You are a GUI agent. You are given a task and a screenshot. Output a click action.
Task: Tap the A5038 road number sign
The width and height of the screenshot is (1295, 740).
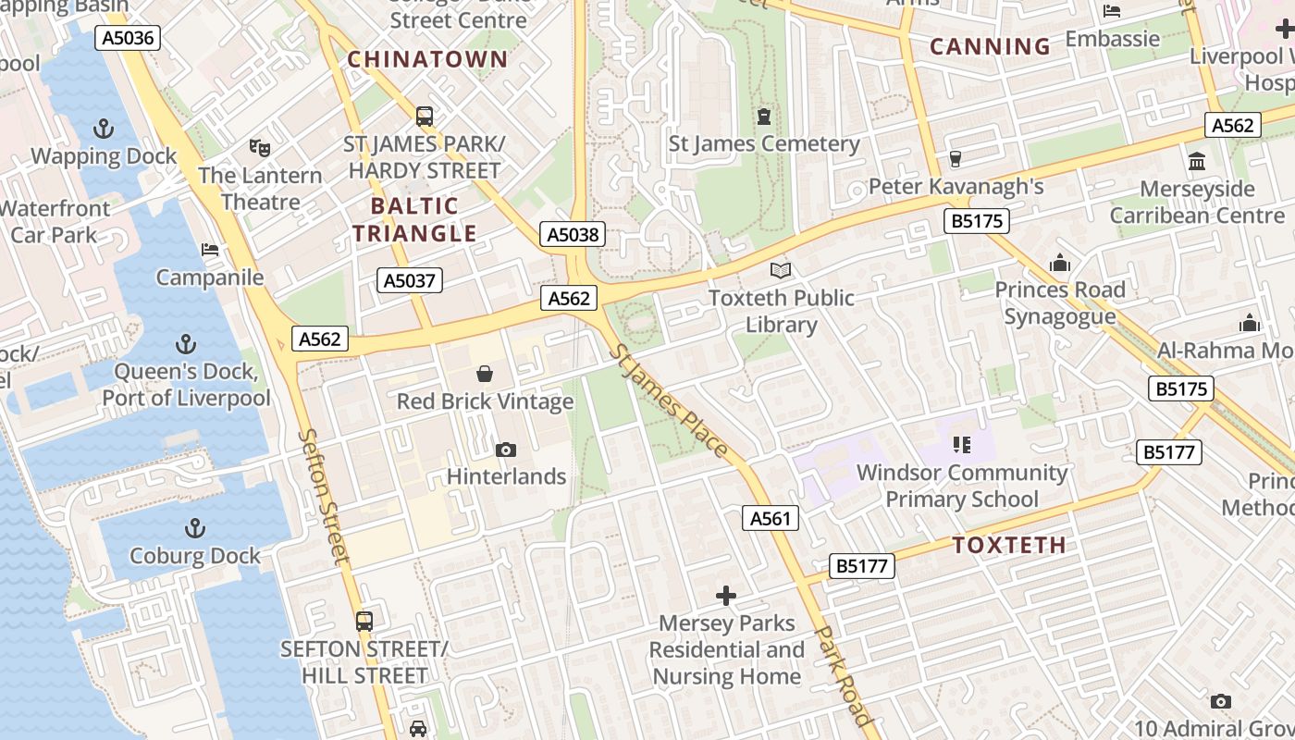573,235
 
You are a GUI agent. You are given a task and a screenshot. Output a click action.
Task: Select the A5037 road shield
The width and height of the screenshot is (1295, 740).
410,280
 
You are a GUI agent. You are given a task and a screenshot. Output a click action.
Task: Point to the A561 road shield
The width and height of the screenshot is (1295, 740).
770,518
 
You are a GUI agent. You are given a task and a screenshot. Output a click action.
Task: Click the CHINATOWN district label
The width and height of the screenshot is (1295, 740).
427,60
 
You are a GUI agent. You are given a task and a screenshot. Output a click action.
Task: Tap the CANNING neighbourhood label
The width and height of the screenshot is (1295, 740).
990,46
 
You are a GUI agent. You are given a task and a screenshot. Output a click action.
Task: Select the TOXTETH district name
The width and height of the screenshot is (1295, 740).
1009,545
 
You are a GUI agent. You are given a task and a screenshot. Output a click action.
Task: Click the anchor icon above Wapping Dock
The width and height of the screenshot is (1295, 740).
104,129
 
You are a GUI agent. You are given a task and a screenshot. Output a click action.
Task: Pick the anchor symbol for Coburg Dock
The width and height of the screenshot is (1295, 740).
194,528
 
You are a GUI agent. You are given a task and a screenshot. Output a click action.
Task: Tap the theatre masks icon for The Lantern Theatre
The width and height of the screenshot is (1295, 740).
260,147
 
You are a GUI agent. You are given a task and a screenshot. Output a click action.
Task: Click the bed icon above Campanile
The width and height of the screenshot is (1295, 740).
210,250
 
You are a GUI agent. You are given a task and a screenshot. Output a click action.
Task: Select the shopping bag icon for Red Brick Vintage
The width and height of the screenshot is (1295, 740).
485,374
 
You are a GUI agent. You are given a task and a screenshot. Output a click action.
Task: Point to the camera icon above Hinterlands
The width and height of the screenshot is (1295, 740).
505,450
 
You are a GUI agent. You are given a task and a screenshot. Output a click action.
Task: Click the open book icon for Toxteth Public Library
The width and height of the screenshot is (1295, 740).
782,270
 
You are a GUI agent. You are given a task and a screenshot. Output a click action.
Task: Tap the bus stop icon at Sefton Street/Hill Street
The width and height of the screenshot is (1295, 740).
364,621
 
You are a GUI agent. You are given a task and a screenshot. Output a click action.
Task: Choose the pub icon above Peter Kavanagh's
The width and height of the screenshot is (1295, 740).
956,159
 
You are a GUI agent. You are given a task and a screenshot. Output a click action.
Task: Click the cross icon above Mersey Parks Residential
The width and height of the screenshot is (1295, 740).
726,595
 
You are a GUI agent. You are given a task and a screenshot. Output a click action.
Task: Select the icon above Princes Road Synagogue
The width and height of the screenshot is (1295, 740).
1059,263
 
